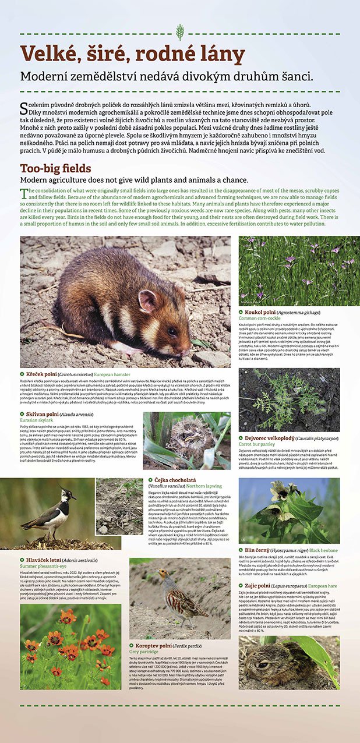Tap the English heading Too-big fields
[x=55, y=169]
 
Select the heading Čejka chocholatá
[x=173, y=481]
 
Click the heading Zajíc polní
[x=262, y=585]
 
